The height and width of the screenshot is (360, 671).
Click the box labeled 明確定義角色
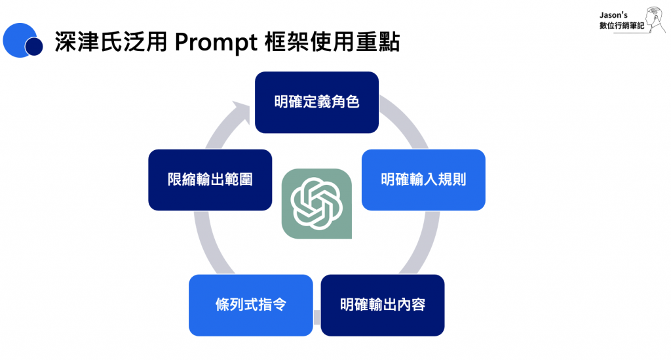(x=316, y=102)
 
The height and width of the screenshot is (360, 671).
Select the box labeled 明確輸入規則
(x=423, y=180)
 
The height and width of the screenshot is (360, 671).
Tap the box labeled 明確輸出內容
(x=383, y=305)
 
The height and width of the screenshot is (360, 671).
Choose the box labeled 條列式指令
(x=251, y=305)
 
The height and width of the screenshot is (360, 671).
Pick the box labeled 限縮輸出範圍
(x=210, y=180)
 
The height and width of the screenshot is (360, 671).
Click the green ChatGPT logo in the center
(x=316, y=204)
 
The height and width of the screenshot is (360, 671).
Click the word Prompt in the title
(x=216, y=43)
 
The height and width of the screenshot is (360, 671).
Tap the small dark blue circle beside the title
(x=34, y=47)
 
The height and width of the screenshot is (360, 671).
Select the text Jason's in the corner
(x=613, y=15)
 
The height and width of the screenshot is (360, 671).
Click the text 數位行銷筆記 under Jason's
(x=621, y=26)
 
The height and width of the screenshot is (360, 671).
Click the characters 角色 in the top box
(x=345, y=102)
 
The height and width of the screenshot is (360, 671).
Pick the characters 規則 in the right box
(x=452, y=180)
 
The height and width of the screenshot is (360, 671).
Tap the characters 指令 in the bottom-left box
(x=272, y=305)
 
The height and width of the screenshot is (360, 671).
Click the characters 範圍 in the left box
(x=239, y=180)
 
